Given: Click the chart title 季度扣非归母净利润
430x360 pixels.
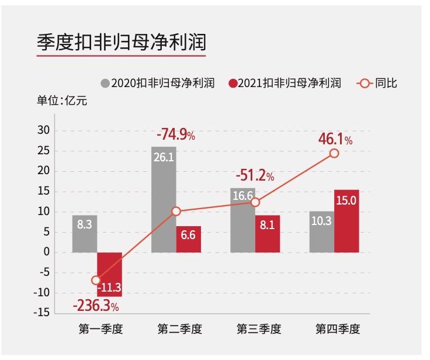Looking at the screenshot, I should (121, 43).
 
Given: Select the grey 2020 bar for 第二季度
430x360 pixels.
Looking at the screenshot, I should (164, 199).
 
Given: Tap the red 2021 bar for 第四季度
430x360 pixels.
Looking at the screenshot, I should (346, 221).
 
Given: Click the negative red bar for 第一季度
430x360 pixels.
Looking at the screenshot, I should (109, 274).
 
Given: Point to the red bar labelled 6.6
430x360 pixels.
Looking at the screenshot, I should (188, 239).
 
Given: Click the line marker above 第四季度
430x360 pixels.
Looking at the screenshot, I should (334, 153).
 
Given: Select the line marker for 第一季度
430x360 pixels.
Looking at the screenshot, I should (96, 281).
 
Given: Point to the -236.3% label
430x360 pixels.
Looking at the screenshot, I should (96, 306).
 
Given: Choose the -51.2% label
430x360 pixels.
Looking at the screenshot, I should (255, 175).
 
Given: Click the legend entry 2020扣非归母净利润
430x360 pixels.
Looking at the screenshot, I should (158, 83).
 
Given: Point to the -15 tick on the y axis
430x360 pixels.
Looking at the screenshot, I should (42, 313).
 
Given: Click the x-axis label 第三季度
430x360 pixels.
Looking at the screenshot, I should (259, 329).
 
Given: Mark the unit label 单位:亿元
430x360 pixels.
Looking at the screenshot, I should (62, 101).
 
